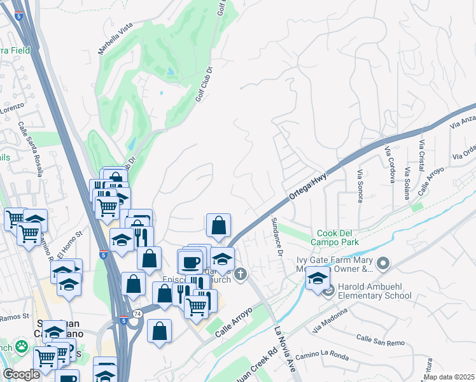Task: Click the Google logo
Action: point(21,374)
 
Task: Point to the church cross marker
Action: point(240,274)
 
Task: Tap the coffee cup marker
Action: point(190,261)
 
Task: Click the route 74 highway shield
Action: point(137,314)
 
